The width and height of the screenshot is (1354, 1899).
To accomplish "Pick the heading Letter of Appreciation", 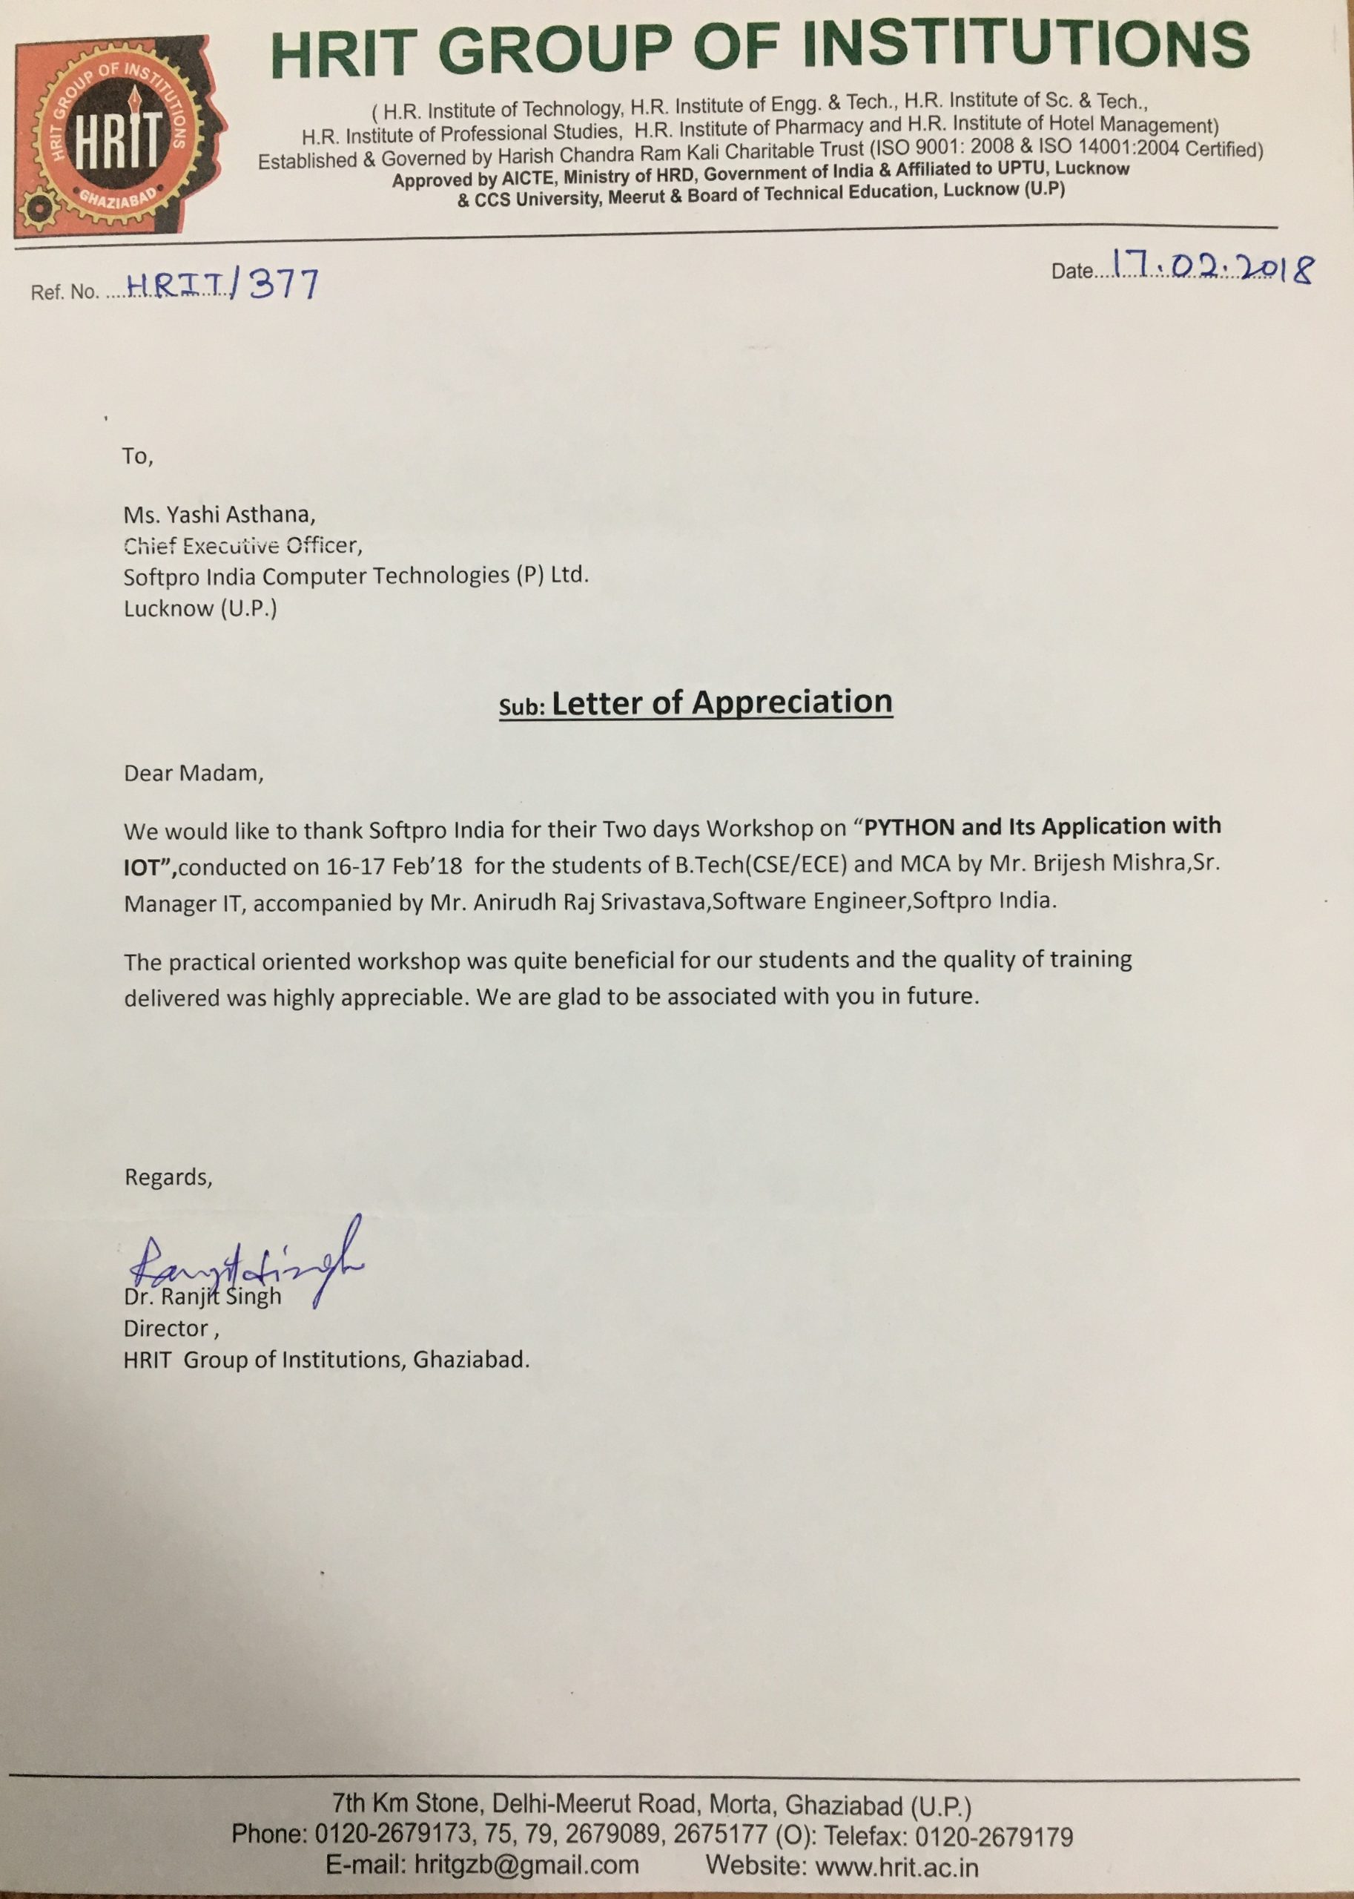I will [722, 702].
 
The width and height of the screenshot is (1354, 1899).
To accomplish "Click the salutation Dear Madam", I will [194, 773].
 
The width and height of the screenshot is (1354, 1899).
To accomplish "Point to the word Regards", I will [168, 1176].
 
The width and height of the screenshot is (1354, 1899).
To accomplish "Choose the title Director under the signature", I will [166, 1328].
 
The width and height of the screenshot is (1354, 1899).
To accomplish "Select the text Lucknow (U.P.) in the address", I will [200, 608].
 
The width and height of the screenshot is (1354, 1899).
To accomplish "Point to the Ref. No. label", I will [65, 293].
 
